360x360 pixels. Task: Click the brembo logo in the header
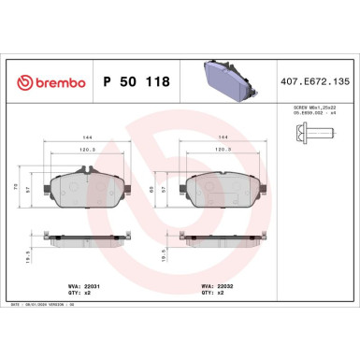47,81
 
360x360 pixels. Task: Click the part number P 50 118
135,81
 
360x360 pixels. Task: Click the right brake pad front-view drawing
223,188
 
